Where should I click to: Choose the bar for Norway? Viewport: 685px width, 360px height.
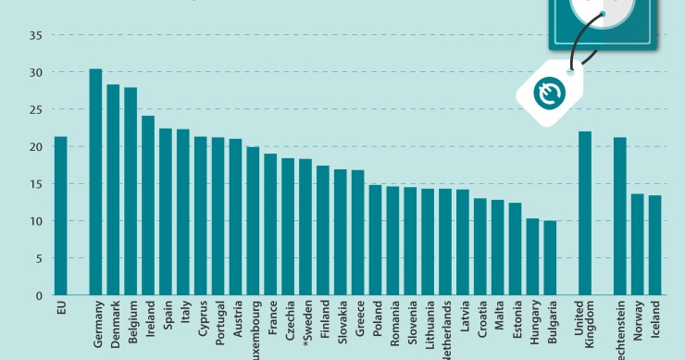[x=637, y=244]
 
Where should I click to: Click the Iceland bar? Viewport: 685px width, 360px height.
[x=654, y=245]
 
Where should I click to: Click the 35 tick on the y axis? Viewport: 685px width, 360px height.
[x=36, y=35]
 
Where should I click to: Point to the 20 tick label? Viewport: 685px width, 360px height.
[x=36, y=147]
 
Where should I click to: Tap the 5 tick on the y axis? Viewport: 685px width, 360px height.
[x=39, y=258]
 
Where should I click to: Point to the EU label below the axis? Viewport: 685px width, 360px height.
[x=61, y=306]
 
